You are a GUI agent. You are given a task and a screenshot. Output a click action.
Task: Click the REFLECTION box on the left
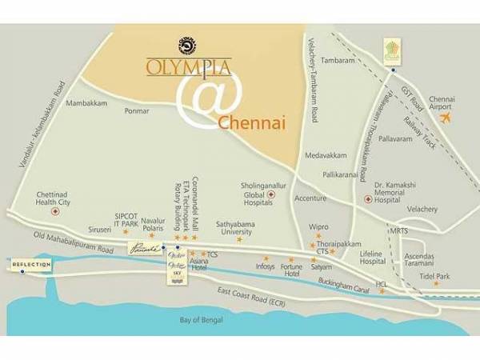tap(31, 264)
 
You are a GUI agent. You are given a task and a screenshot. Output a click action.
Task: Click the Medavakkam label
tap(325, 157)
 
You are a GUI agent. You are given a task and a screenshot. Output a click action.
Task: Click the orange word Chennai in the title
tap(251, 123)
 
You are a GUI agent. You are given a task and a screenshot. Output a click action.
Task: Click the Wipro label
tap(319, 226)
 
